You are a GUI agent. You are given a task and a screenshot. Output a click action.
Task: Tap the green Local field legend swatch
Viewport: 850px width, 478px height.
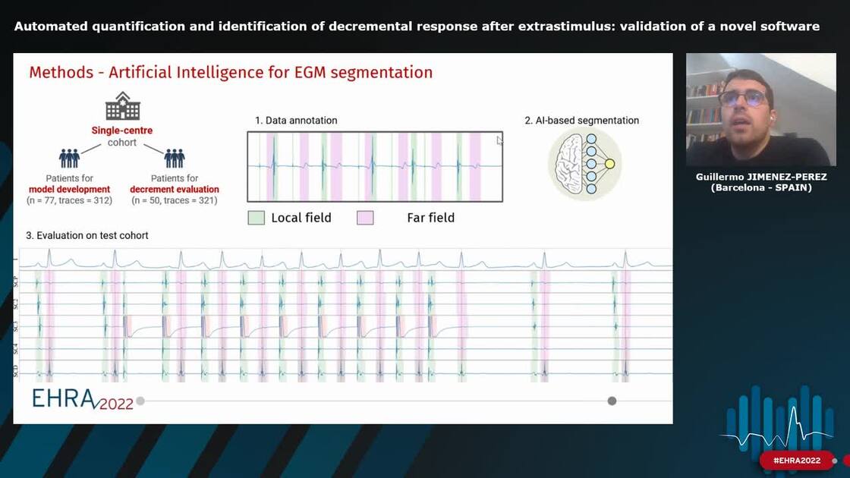(256, 218)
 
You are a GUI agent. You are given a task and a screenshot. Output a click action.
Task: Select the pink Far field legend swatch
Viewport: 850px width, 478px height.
(365, 218)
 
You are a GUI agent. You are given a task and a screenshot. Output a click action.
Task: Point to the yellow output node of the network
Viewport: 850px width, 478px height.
(609, 164)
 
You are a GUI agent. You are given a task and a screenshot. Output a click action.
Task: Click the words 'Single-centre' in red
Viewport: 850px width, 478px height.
(122, 131)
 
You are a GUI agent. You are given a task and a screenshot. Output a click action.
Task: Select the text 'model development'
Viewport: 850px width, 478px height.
(69, 190)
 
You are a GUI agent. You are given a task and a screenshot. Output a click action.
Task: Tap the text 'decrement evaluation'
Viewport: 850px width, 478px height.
(175, 190)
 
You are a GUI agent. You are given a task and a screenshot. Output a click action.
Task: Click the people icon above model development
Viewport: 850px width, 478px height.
(69, 158)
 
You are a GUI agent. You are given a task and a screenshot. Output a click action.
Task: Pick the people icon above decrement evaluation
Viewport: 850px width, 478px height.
(175, 158)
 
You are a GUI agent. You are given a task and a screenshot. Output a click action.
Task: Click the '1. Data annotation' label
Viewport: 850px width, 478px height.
(296, 121)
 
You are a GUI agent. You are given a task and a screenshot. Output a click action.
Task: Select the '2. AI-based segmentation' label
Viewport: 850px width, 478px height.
(582, 121)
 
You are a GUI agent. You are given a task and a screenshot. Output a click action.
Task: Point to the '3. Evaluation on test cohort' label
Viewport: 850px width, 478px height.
(87, 236)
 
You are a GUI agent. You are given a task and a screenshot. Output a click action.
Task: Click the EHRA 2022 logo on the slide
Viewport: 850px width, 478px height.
(82, 399)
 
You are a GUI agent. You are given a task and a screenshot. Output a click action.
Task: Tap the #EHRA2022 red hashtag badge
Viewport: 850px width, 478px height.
(796, 461)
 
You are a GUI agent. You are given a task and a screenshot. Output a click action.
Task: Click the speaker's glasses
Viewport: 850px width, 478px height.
(743, 98)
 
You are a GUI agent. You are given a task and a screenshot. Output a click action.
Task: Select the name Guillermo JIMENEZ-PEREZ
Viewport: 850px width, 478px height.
(761, 177)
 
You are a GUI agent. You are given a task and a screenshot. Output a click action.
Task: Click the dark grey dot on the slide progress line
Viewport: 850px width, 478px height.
(612, 401)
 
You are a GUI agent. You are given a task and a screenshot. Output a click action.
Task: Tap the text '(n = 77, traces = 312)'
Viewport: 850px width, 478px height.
(69, 200)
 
